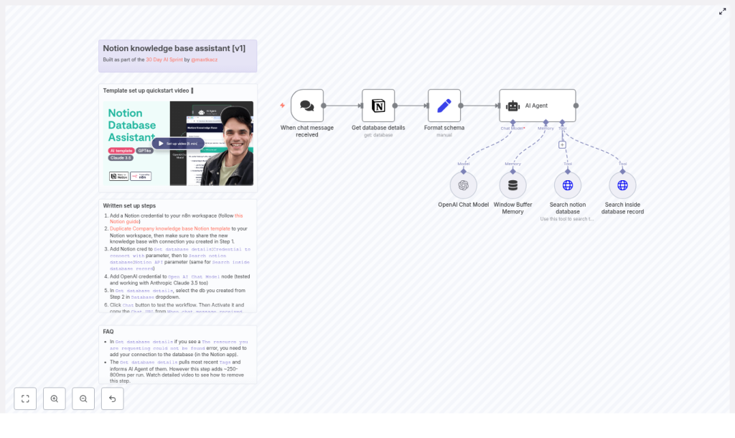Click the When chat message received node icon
[307, 106]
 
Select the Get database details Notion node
[378, 106]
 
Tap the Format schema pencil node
[444, 106]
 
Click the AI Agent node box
[538, 106]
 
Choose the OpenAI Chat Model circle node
[464, 185]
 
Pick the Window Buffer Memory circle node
[512, 185]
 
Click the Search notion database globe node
[568, 185]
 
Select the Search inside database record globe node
[622, 185]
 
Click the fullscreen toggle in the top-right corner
[722, 11]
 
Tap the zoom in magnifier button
[55, 399]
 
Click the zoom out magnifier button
[83, 399]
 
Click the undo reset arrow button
[113, 399]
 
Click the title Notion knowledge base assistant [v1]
[174, 49]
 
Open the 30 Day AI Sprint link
[164, 60]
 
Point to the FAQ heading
[108, 332]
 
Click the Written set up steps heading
[129, 205]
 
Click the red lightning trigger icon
[282, 106]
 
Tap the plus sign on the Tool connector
[562, 144]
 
